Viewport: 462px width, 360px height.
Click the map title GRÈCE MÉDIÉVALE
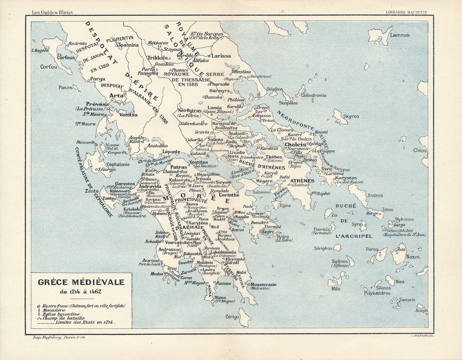pos(81,283)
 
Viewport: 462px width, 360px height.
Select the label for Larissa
pos(221,56)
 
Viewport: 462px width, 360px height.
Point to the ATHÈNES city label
pos(302,181)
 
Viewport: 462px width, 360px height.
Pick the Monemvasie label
pos(264,285)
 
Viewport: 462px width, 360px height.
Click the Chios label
pos(420,150)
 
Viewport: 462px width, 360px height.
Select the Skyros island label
pos(352,116)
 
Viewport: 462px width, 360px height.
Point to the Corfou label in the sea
pos(48,67)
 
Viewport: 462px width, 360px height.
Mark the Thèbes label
pos(274,157)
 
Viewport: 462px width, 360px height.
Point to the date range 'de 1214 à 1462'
pos(81,292)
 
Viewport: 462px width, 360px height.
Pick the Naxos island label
pos(413,257)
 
